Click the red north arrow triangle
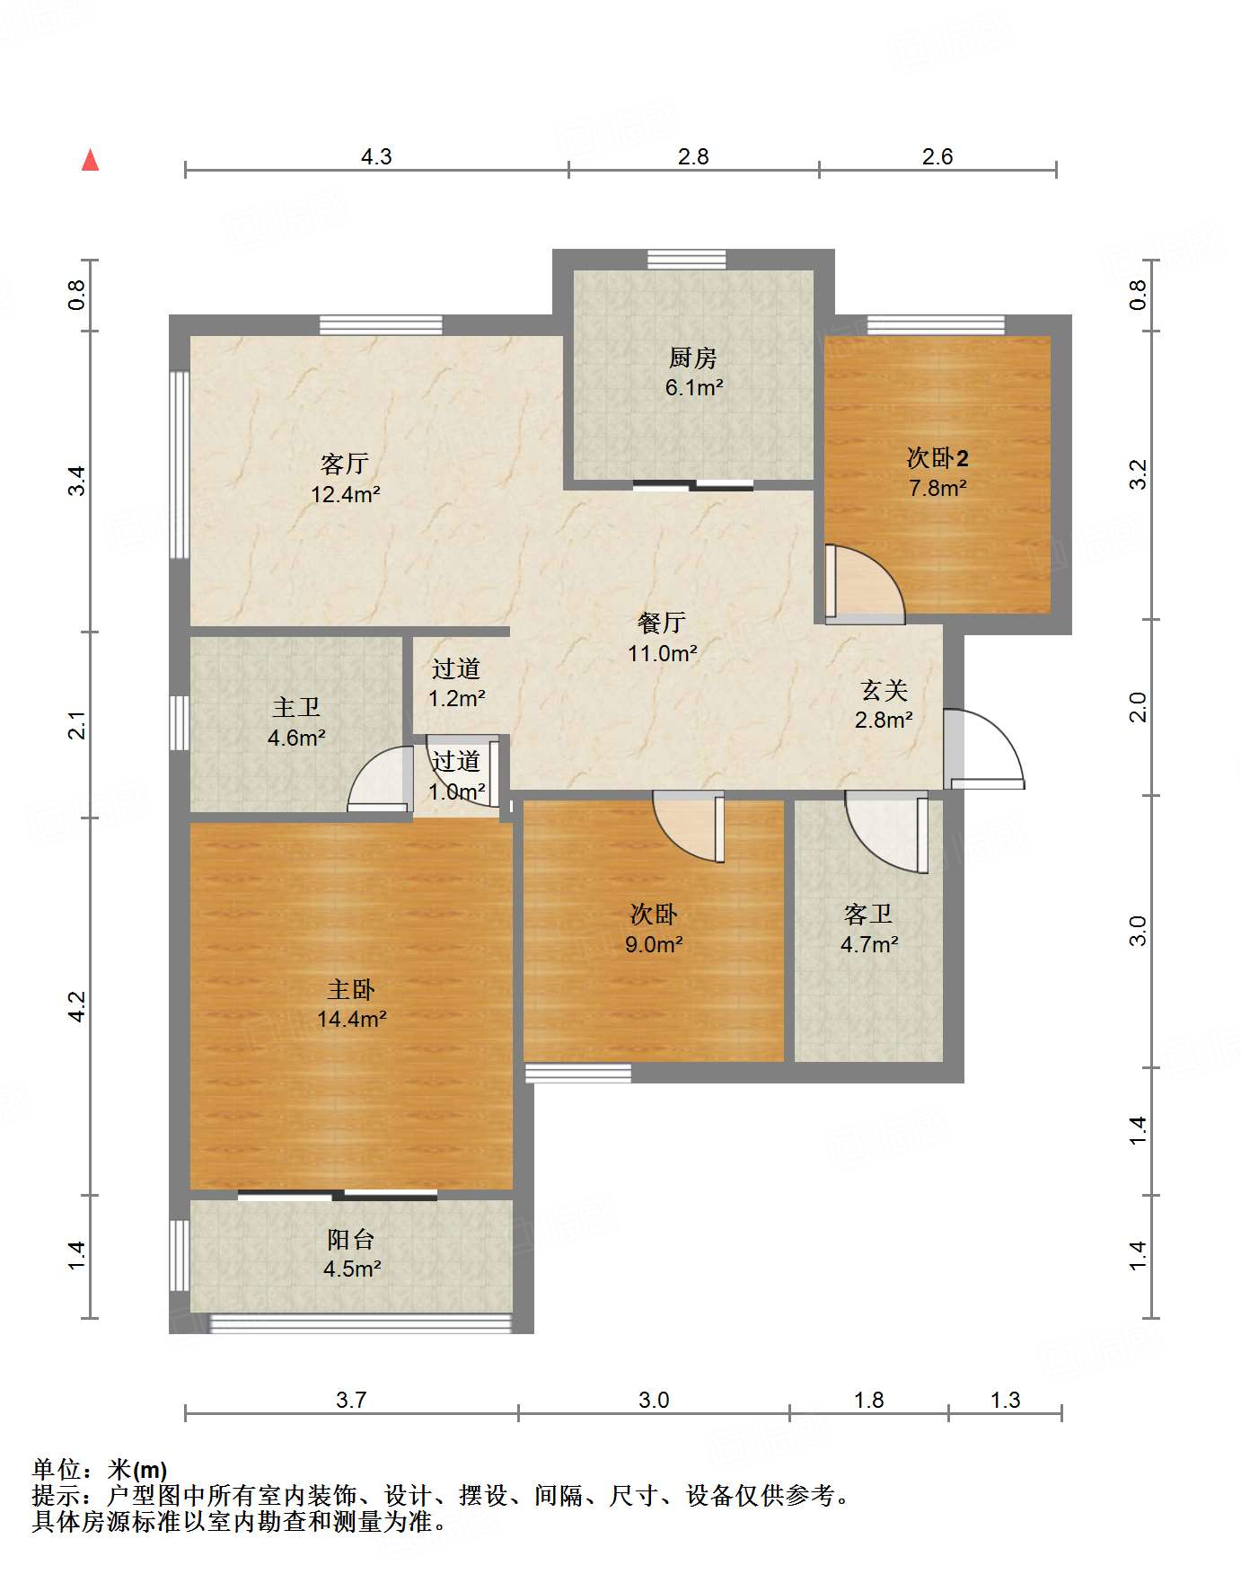pos(90,160)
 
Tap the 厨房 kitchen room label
pos(692,358)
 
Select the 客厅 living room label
pos(345,464)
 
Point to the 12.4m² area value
pos(346,494)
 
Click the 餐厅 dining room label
pos(662,623)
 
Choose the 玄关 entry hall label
pos(884,690)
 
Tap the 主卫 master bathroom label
pos(296,708)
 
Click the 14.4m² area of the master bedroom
pos(351,1019)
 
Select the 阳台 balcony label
pos(350,1240)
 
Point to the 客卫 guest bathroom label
pos(868,915)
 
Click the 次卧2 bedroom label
pos(937,458)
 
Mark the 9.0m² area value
pos(654,944)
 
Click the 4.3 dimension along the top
pos(376,157)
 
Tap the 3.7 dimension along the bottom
pos(351,1400)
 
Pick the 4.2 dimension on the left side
pos(77,1006)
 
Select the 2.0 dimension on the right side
pos(1138,707)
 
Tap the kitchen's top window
pos(687,260)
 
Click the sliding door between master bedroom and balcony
pos(338,1196)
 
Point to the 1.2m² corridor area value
pos(457,698)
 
